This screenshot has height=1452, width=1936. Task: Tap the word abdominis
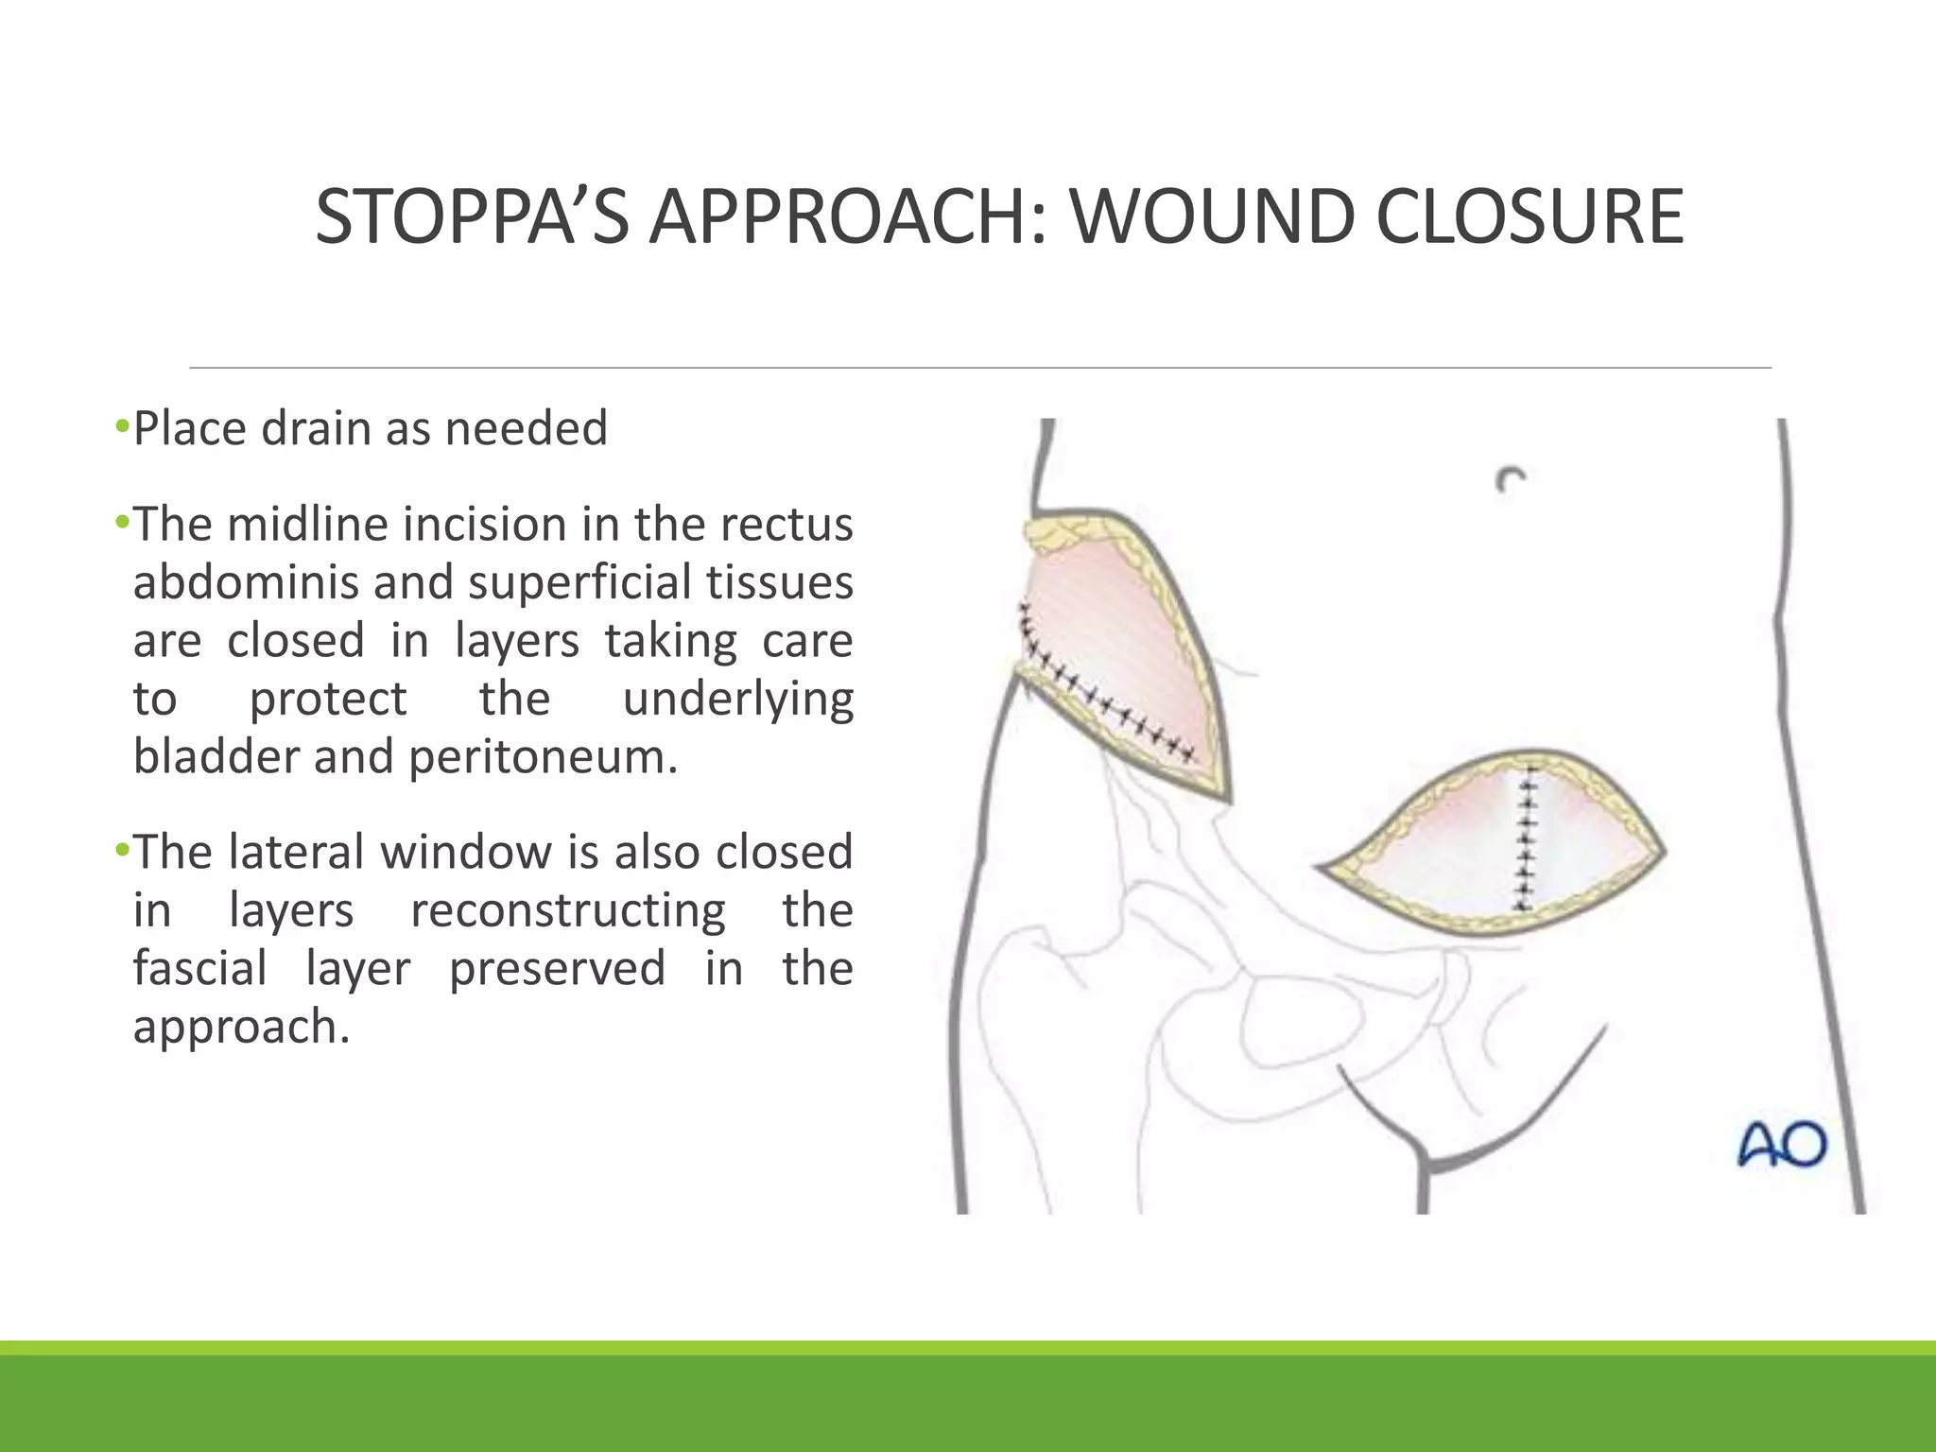245,582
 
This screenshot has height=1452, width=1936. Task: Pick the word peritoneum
544,756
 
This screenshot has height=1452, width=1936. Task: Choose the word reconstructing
568,910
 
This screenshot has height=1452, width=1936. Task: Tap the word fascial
199,969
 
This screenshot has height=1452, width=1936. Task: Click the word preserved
557,969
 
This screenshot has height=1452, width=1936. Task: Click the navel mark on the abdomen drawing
1510,479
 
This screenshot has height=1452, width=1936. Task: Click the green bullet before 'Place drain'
121,427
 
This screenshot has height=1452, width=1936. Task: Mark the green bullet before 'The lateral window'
121,851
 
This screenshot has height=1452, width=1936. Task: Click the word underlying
738,700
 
